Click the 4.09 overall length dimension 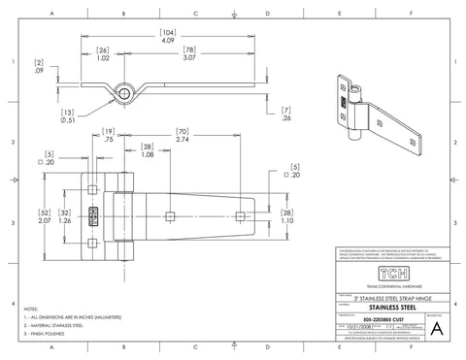point(168,42)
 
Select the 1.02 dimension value point(103,58)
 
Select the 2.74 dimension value point(182,141)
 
